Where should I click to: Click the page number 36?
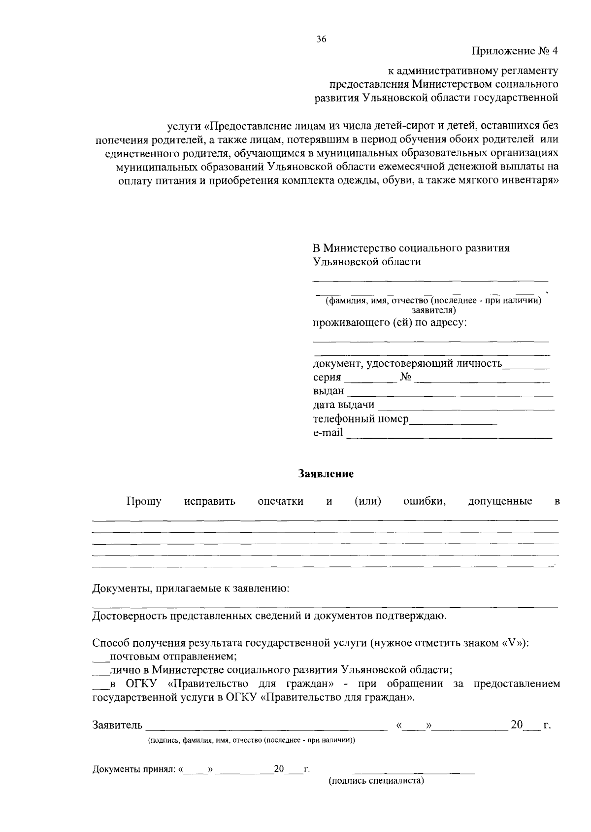point(321,39)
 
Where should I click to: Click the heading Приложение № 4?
point(515,51)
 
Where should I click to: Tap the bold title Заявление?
point(326,474)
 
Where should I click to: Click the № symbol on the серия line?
point(406,378)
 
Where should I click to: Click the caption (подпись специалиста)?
point(376,781)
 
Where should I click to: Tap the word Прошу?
point(144,502)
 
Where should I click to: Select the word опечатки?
point(281,502)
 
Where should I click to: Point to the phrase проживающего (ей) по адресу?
point(390,323)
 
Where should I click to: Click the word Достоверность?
point(130,616)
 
